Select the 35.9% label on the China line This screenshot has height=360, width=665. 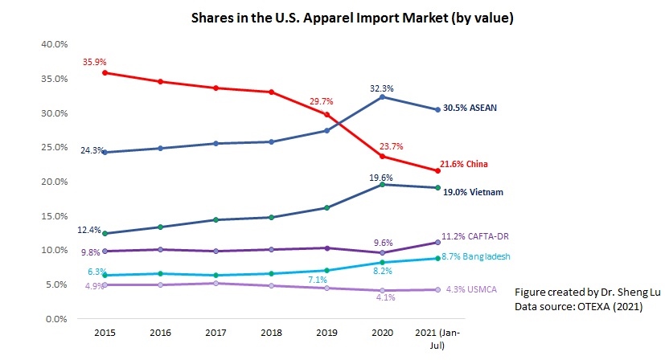[93, 61]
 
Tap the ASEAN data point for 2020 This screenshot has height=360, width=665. [383, 96]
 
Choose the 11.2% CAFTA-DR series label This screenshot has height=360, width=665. [482, 236]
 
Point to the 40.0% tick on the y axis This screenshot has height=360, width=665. [54, 44]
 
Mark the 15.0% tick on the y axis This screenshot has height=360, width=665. [54, 216]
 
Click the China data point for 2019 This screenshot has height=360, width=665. [326, 114]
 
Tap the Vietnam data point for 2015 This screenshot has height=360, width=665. [105, 234]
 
